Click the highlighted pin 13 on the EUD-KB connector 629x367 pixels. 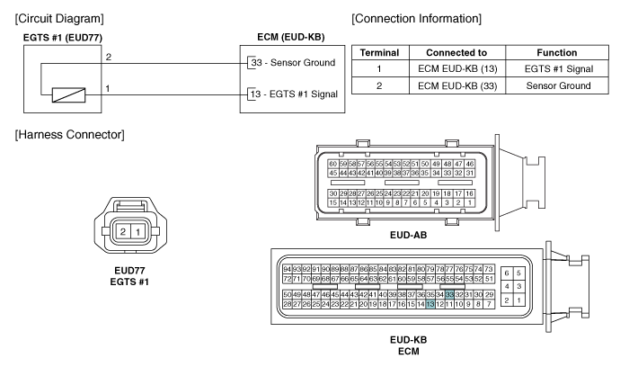point(430,304)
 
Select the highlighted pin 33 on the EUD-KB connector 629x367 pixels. point(449,295)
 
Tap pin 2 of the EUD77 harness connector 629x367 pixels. point(123,231)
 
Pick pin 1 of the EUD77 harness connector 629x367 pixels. point(138,231)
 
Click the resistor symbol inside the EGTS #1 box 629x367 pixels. point(68,95)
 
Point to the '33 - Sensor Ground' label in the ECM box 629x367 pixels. point(293,63)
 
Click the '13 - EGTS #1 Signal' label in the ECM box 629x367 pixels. point(294,94)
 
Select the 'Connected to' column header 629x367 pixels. point(456,52)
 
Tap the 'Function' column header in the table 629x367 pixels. point(557,52)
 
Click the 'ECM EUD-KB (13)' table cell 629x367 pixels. point(457,69)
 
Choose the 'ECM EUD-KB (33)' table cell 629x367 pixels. point(457,86)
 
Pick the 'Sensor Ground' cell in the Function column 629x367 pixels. point(558,85)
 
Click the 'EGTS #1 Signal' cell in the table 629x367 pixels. point(559,69)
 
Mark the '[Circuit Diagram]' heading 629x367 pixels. point(59,19)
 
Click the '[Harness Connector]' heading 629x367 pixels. point(70,135)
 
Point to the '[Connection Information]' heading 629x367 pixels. point(416,19)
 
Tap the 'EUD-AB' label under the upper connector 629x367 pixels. point(408,235)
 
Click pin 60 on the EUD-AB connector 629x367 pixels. point(333,164)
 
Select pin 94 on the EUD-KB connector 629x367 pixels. point(287,269)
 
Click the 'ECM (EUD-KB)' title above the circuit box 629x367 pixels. point(291,37)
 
